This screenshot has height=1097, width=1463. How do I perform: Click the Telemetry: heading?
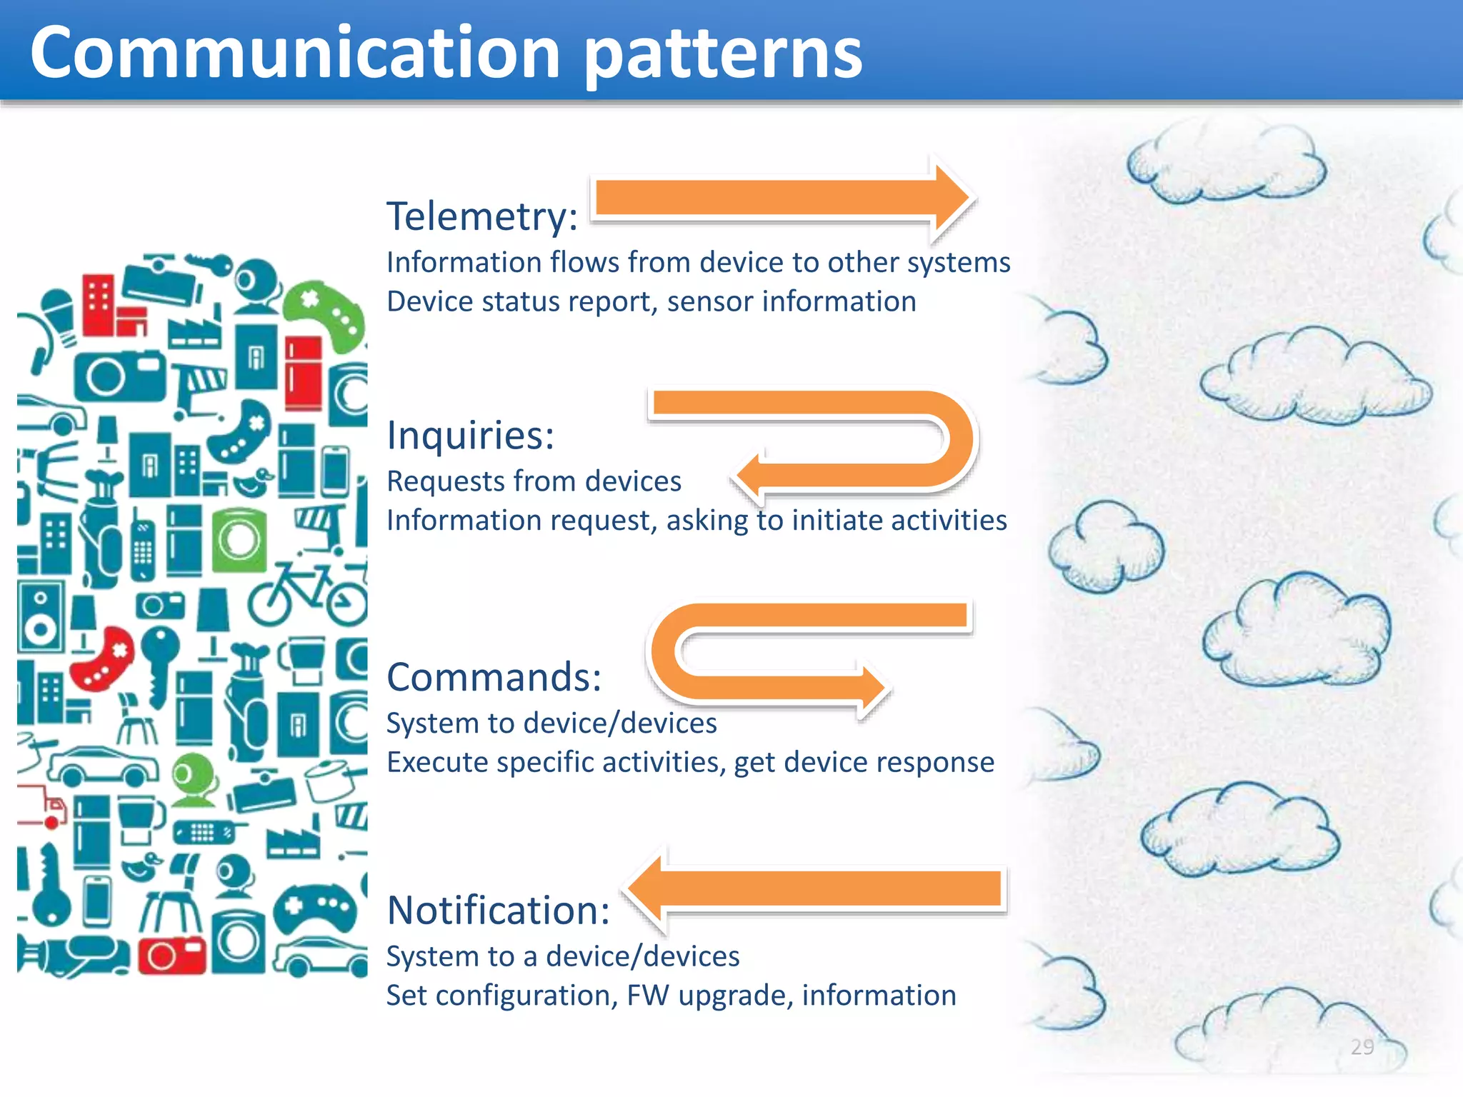[x=482, y=216]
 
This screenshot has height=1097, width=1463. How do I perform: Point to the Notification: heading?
[x=498, y=910]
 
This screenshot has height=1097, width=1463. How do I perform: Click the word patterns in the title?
[x=723, y=53]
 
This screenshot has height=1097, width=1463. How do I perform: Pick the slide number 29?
[x=1362, y=1047]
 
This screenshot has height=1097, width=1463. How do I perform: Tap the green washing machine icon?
[x=239, y=539]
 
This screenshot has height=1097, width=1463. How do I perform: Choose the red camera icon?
[x=171, y=955]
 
